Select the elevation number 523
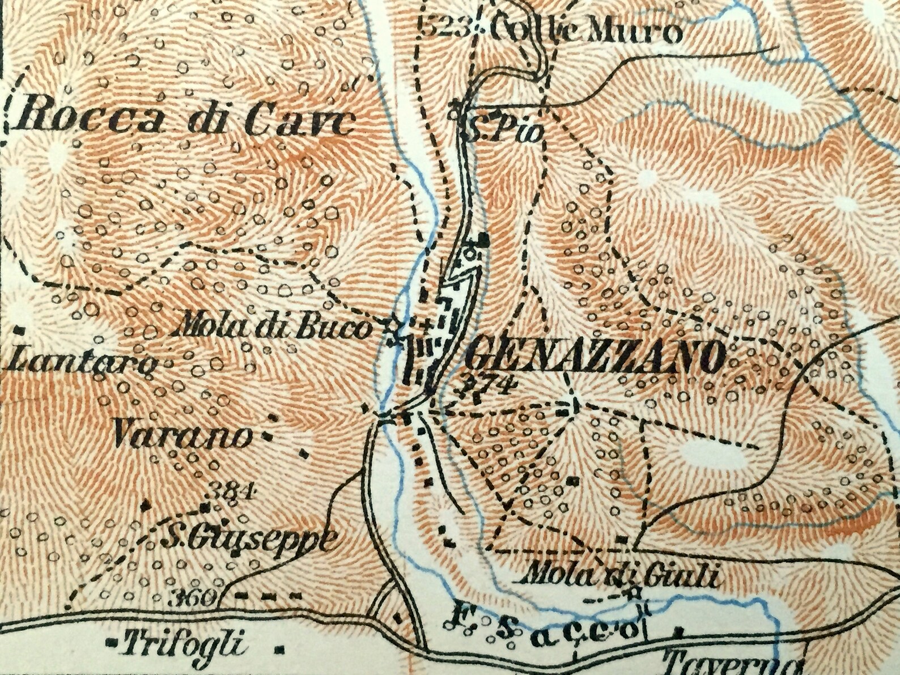444,25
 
